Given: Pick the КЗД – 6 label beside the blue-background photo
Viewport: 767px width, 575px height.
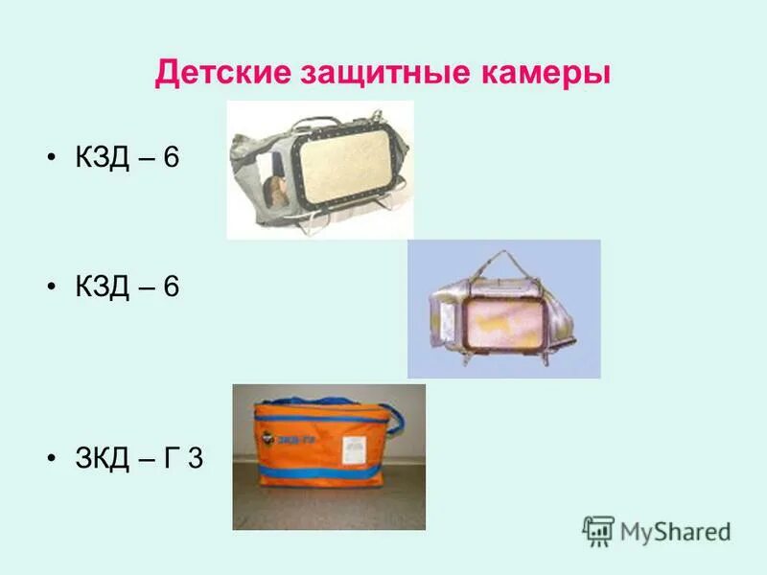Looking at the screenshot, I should [127, 286].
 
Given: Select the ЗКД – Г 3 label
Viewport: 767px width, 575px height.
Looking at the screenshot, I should [139, 458].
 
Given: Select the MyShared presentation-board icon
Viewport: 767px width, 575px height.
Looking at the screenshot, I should [598, 531].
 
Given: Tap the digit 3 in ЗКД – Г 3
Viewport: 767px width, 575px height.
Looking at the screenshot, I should [195, 458].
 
